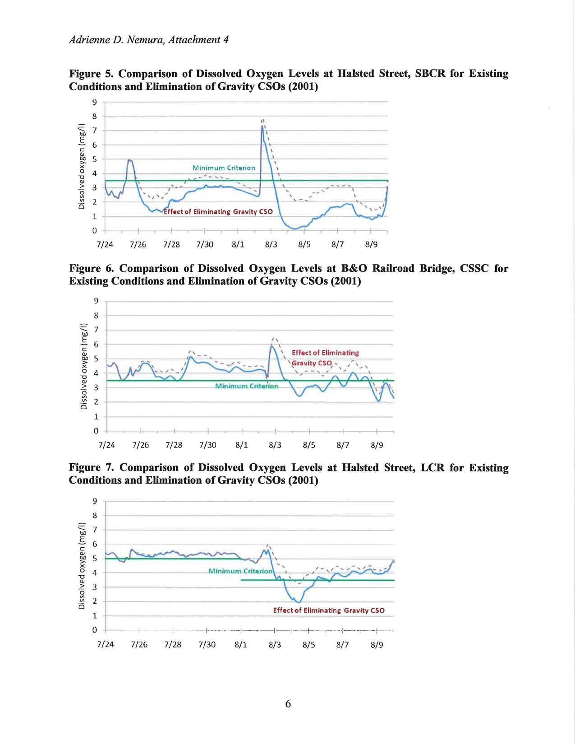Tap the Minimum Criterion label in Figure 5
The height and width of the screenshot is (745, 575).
tap(224, 168)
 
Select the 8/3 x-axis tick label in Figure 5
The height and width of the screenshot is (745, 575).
tap(271, 244)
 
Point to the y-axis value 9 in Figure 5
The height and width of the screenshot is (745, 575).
tap(95, 102)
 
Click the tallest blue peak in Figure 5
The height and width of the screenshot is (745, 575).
tap(262, 126)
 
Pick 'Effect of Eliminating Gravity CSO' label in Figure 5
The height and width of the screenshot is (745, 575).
tap(218, 211)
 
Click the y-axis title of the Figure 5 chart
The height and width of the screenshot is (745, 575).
tap(82, 166)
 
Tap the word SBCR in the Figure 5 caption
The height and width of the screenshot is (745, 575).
tap(430, 74)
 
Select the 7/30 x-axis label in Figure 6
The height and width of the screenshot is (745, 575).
tap(207, 445)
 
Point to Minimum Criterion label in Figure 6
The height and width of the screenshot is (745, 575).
tap(247, 386)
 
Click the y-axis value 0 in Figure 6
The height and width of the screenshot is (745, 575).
tap(96, 431)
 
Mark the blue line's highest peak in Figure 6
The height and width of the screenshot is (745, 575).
tap(271, 346)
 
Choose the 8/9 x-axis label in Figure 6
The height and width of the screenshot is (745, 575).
tap(377, 445)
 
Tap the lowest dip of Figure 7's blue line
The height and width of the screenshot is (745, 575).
tap(299, 602)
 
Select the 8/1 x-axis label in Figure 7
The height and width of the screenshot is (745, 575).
tap(241, 645)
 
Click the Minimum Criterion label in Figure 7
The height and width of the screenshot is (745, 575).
tap(241, 571)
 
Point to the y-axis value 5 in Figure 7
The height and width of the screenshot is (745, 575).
tap(95, 559)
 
